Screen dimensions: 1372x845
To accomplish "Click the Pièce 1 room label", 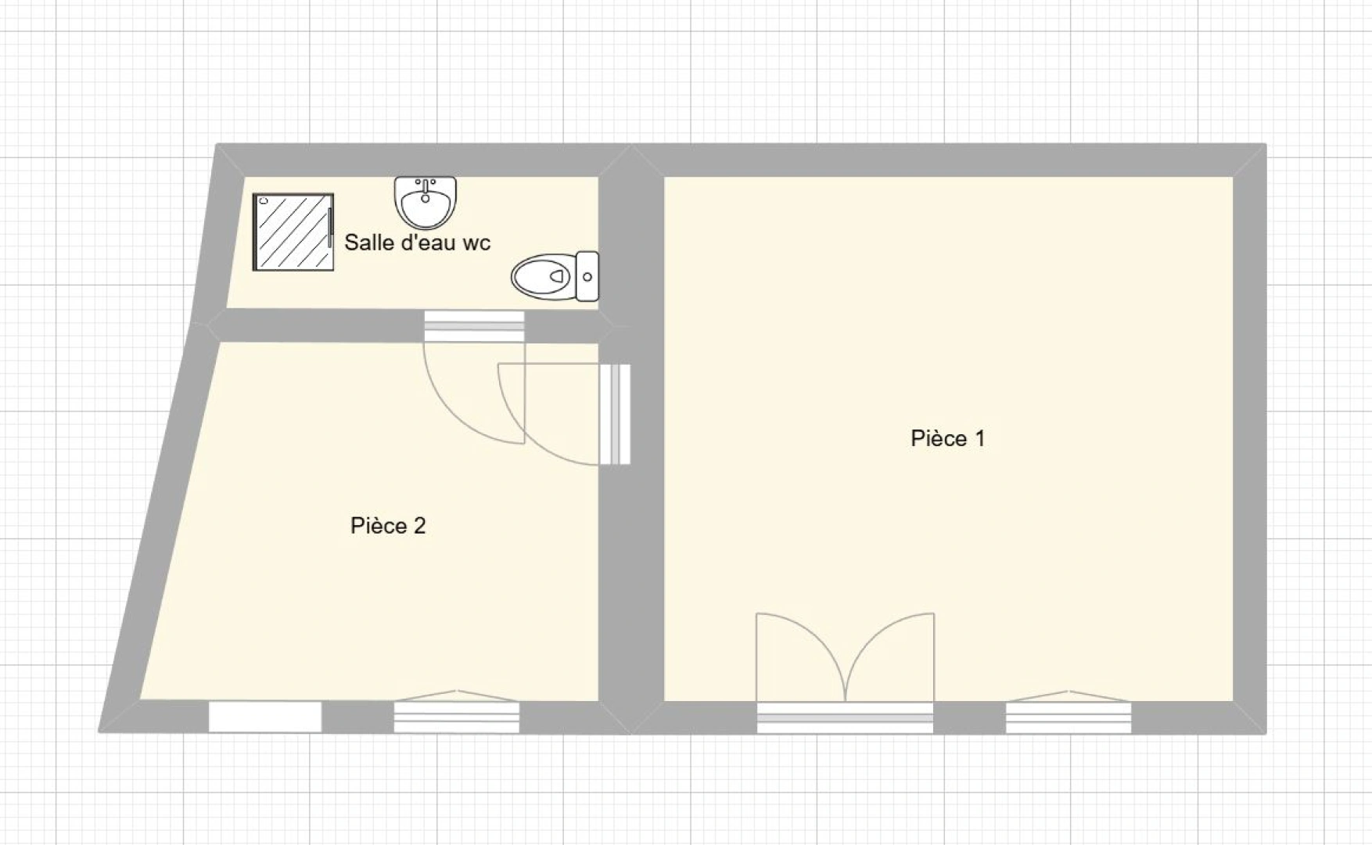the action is [x=947, y=438].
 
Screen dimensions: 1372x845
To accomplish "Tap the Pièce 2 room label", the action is [x=388, y=526].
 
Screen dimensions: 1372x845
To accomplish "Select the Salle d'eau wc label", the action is [x=417, y=243].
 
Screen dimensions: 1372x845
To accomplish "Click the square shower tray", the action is [x=293, y=232].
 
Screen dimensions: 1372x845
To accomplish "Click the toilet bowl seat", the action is [x=543, y=276].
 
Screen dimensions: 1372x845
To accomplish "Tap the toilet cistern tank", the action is [x=587, y=276].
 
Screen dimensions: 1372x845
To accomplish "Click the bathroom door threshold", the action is [x=474, y=327].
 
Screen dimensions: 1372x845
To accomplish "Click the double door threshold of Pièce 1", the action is [x=845, y=717].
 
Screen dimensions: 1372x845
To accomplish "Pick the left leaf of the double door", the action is [x=800, y=657].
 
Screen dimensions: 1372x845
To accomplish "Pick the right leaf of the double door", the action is [x=890, y=657].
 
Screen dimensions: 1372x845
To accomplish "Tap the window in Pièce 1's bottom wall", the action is [x=1069, y=714].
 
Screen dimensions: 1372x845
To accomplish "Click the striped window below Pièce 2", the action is [x=456, y=714].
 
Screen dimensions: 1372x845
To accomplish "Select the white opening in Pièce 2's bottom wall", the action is [x=265, y=717].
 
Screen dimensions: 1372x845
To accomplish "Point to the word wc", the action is [x=476, y=243].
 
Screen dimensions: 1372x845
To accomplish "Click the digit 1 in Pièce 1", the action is [x=979, y=438].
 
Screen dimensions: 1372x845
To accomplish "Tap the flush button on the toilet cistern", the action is [x=587, y=276].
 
